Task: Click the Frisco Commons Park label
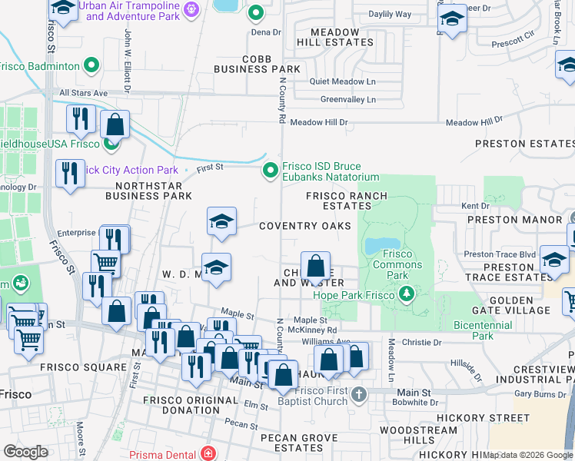tap(397, 264)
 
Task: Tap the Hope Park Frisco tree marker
tap(404, 295)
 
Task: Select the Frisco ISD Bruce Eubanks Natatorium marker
tap(270, 171)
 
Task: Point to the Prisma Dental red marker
tap(207, 454)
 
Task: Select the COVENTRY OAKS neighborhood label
tap(304, 226)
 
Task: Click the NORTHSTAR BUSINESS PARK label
tap(154, 191)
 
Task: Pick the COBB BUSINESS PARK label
tap(245, 64)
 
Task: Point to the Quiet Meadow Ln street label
tap(342, 81)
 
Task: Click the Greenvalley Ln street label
tap(348, 100)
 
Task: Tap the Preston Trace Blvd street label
tap(499, 255)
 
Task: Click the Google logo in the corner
tap(25, 452)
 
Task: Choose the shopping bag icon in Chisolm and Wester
tap(315, 268)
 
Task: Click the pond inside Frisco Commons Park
tap(377, 246)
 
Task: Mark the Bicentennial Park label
tap(482, 330)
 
